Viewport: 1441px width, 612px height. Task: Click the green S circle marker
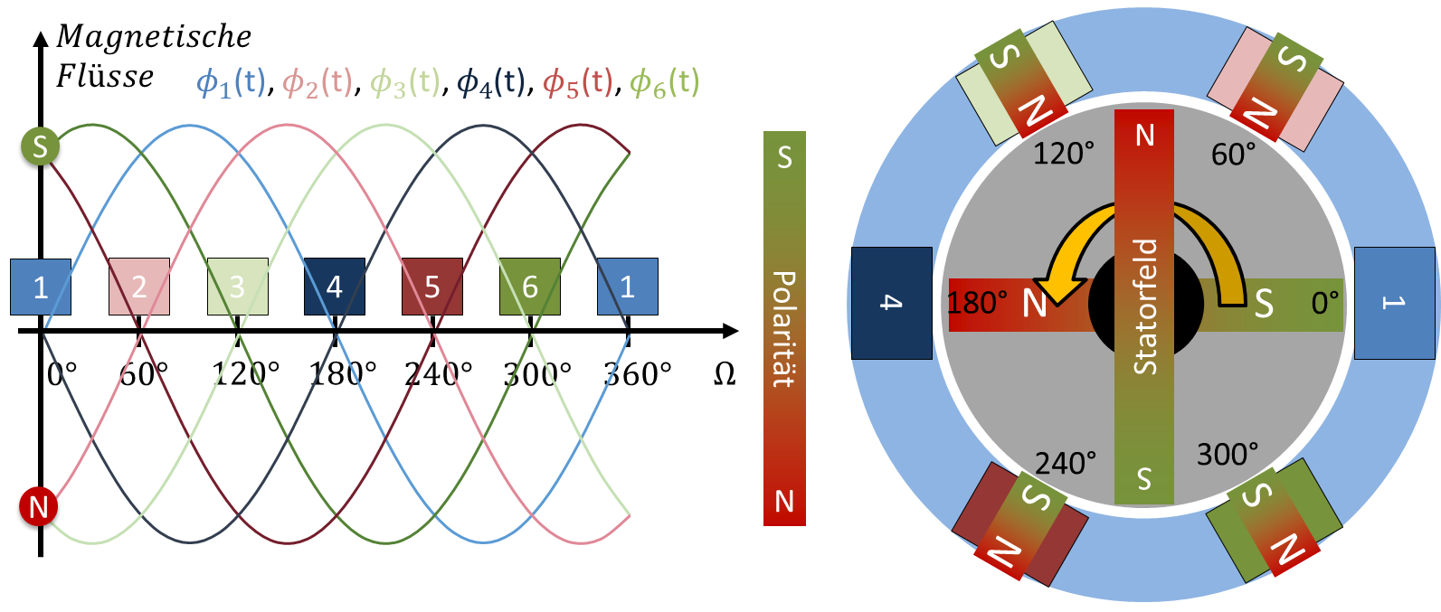pos(40,146)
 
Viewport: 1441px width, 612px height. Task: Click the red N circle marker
pos(38,507)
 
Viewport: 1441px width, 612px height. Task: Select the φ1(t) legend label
pos(232,83)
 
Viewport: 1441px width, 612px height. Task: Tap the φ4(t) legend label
pos(491,83)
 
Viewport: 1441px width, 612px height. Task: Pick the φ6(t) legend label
pos(665,83)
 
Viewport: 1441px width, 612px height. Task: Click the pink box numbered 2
pos(139,287)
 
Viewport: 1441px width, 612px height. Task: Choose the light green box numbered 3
pos(237,287)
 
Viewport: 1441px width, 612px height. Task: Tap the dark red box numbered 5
pos(432,287)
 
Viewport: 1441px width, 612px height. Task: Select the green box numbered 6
pos(530,287)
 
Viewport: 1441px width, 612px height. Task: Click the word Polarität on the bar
pos(783,329)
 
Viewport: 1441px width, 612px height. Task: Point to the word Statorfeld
pos(1145,306)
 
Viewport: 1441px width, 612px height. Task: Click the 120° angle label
pos(1064,154)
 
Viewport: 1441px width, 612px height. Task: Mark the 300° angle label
pos(1228,454)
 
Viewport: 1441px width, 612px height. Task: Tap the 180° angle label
pos(977,303)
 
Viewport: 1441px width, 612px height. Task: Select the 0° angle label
pos(1325,303)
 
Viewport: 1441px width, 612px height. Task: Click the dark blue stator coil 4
pos(892,303)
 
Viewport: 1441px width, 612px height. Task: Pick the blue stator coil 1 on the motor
pos(1394,303)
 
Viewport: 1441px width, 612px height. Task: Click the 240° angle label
pos(1066,464)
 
